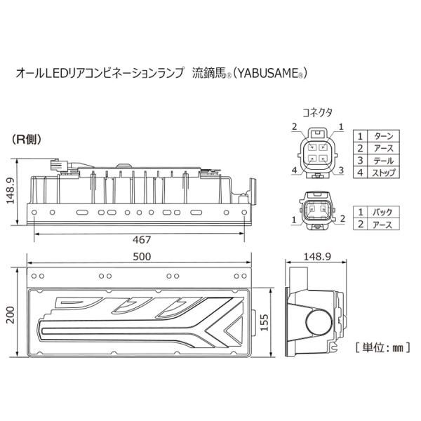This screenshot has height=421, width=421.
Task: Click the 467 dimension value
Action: [x=142, y=240]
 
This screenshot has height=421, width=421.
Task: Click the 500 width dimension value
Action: [x=142, y=257]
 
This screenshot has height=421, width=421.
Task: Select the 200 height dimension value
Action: [x=11, y=315]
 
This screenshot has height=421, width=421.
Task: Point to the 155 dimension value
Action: [x=265, y=323]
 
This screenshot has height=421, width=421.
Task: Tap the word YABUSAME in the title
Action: [x=267, y=73]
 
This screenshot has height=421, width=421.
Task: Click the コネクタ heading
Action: [x=317, y=112]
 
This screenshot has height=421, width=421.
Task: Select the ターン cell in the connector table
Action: [x=383, y=136]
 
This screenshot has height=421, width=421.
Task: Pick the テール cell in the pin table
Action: [x=383, y=160]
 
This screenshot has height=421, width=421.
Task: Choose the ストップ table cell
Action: [x=383, y=173]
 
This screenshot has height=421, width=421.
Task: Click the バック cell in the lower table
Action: [x=382, y=212]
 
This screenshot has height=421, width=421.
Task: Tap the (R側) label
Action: [x=27, y=140]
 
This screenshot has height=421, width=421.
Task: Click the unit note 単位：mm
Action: [x=382, y=348]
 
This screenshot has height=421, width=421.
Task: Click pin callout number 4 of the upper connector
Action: [x=295, y=171]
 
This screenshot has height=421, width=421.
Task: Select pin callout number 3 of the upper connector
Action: [x=341, y=171]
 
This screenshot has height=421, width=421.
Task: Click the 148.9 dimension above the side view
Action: [x=317, y=257]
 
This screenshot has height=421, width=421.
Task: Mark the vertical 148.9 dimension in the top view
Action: [x=11, y=190]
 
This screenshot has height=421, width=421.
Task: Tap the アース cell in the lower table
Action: [x=382, y=225]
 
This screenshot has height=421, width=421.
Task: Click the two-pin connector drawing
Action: [x=317, y=210]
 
